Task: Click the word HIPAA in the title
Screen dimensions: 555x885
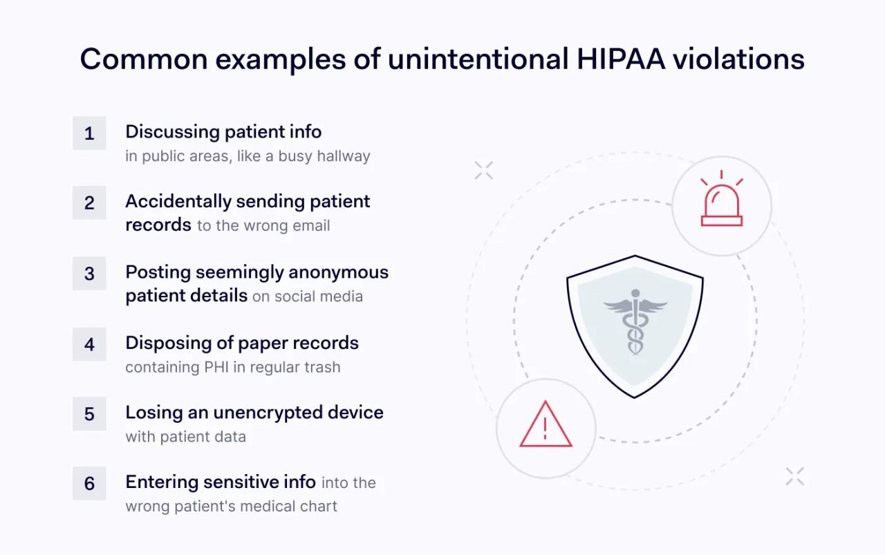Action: coord(621,59)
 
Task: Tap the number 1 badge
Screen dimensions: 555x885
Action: coord(89,133)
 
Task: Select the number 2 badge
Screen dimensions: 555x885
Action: coord(89,203)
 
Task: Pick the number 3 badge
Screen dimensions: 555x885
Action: coord(89,274)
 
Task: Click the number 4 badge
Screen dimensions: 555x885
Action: coord(89,344)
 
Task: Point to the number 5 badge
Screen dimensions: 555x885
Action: coord(89,414)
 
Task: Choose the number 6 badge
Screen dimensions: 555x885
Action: coord(89,484)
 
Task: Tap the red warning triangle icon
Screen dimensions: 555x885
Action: coord(546,425)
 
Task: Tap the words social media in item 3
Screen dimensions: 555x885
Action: coord(317,297)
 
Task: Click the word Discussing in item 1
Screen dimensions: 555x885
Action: coord(172,131)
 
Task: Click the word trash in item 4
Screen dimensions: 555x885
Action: coord(324,367)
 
